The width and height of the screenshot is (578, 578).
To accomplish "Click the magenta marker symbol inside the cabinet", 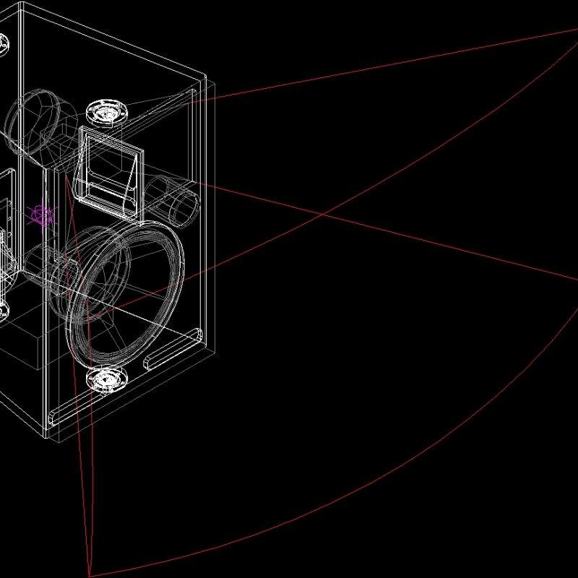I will click(x=43, y=215).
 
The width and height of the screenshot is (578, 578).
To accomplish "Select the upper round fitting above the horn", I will click(x=105, y=113).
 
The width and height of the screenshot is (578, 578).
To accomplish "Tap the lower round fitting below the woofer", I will click(x=105, y=379).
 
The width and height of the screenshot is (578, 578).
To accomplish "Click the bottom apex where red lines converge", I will click(x=90, y=575).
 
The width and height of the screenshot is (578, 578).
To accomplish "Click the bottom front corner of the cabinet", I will click(x=45, y=437).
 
